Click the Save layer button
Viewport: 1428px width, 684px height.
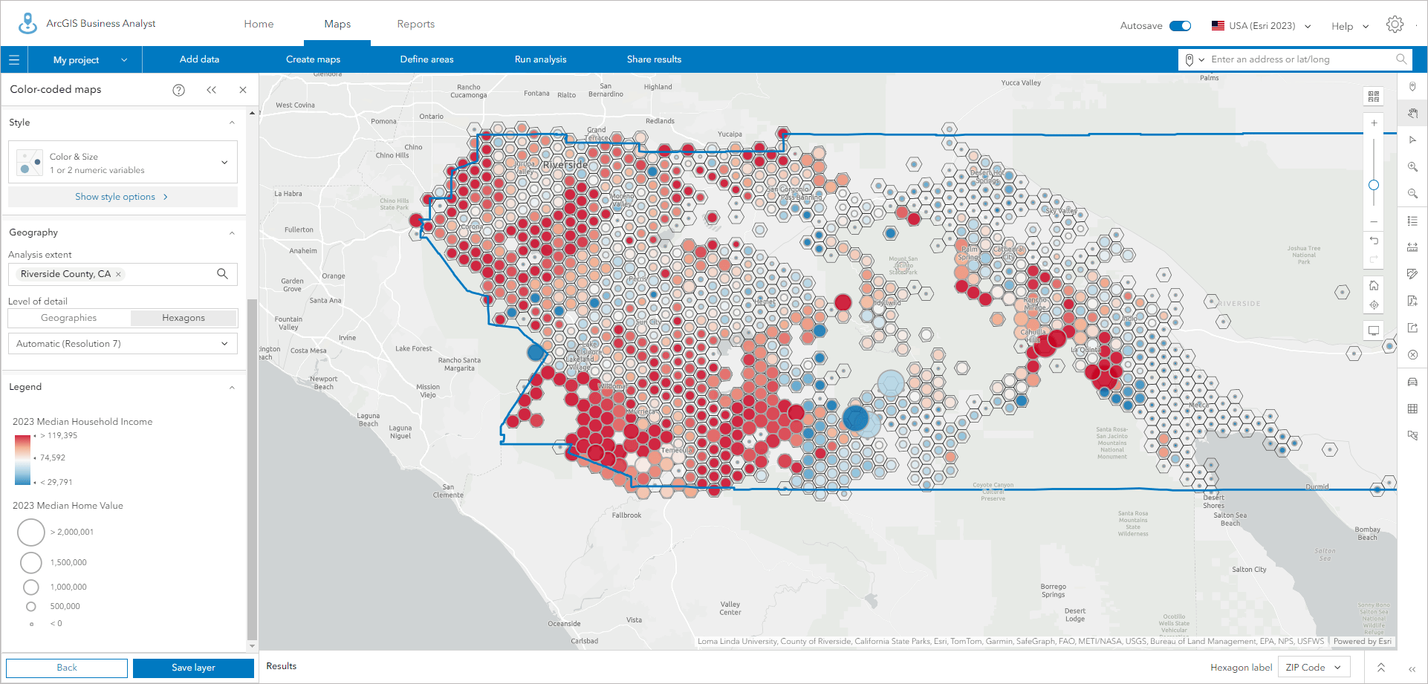point(193,668)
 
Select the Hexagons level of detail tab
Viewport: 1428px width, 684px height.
point(184,318)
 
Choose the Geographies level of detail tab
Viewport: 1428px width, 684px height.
point(68,318)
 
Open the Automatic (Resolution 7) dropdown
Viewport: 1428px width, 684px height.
point(123,344)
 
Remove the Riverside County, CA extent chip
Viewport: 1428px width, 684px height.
point(118,274)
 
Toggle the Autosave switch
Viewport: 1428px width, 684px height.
point(1180,26)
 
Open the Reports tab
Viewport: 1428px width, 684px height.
point(415,24)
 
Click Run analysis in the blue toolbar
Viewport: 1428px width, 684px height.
point(540,59)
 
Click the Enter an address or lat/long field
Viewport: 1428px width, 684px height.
point(1300,59)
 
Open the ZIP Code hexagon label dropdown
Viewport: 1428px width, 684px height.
point(1313,668)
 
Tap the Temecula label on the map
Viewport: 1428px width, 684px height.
point(676,450)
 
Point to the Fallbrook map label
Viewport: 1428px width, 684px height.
point(626,515)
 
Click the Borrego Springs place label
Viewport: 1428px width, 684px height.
point(1053,590)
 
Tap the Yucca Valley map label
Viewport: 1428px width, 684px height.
point(1021,82)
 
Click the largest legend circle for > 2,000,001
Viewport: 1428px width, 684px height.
point(31,532)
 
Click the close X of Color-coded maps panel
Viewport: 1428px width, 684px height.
point(243,90)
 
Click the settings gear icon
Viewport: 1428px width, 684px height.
point(1395,25)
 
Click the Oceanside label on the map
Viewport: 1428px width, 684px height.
point(564,624)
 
